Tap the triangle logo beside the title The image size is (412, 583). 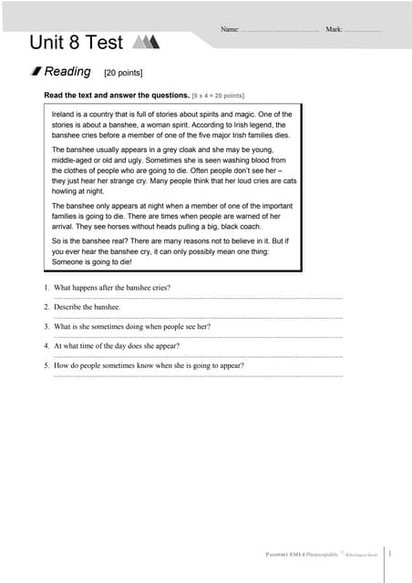146,41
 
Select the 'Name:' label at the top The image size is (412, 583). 230,30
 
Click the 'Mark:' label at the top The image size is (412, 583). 334,30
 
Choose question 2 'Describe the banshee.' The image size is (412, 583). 88,307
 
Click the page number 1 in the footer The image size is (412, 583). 390,553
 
